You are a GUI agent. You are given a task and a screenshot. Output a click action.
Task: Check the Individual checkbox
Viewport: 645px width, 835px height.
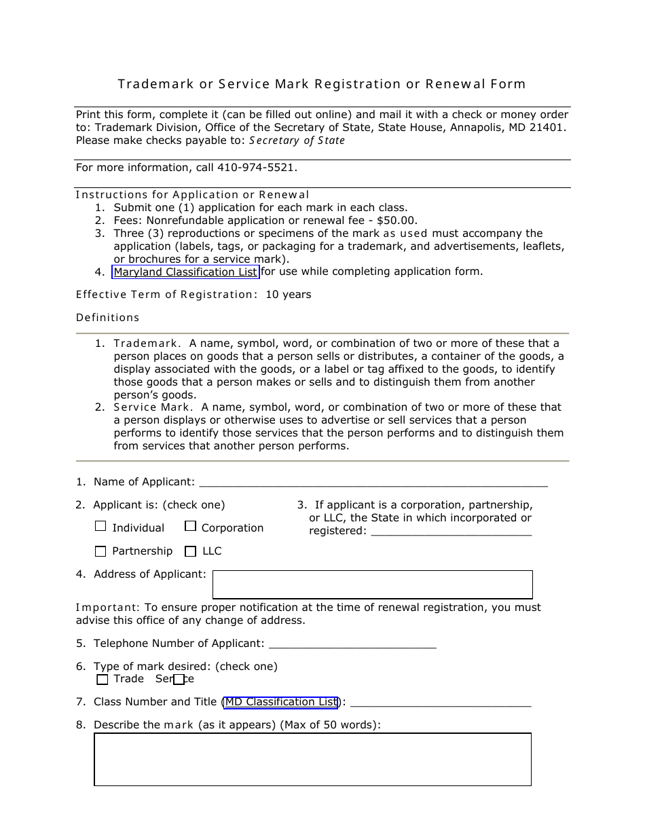click(101, 526)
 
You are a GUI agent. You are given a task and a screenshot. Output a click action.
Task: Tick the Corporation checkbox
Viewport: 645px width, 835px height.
click(191, 526)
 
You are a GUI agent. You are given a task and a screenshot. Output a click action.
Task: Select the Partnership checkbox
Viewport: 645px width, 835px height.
click(101, 551)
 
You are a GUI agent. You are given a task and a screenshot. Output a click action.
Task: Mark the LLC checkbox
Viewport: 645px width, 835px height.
click(191, 551)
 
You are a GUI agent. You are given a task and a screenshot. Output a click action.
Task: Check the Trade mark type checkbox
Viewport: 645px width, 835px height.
click(103, 680)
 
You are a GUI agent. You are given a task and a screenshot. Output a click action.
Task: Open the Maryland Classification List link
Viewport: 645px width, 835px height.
click(185, 272)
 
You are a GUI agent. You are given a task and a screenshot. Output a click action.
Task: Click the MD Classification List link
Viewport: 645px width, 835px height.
click(281, 702)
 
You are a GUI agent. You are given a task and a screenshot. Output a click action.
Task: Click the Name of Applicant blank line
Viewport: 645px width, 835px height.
click(373, 483)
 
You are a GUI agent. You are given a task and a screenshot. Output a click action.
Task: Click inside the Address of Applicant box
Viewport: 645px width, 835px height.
click(372, 584)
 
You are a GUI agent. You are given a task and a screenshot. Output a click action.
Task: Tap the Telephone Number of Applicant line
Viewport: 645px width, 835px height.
click(352, 644)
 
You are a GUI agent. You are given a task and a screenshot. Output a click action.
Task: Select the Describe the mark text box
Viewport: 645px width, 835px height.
click(312, 759)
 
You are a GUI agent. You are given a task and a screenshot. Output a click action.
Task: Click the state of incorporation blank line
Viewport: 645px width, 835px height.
click(451, 532)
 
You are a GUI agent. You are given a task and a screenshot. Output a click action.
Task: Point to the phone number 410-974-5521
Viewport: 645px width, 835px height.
click(257, 168)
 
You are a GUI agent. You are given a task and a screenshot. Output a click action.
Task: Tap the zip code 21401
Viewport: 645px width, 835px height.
click(549, 128)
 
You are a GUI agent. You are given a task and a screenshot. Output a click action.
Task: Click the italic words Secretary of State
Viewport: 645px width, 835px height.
click(297, 141)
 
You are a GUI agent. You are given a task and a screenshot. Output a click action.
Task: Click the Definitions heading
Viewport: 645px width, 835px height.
click(107, 318)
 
